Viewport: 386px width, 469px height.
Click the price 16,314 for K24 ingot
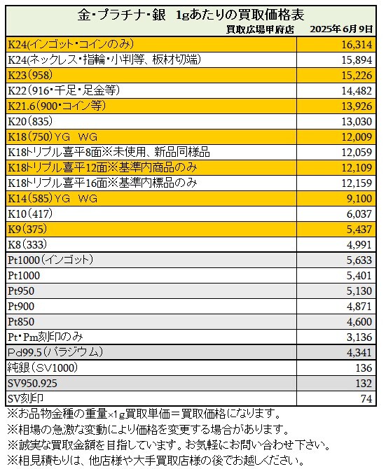pyautogui.click(x=357, y=45)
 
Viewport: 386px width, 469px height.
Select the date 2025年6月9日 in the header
pyautogui.click(x=341, y=29)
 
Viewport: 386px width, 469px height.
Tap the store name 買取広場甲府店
pyautogui.click(x=260, y=29)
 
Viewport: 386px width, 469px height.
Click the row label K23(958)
pyautogui.click(x=30, y=75)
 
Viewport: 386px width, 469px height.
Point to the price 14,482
pyautogui.click(x=357, y=90)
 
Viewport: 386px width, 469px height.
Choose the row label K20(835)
pyautogui.click(x=30, y=121)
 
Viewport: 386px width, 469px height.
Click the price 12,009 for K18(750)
pyautogui.click(x=357, y=137)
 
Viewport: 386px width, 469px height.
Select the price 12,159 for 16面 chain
pyautogui.click(x=357, y=183)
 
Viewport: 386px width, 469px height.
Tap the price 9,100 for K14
pyautogui.click(x=359, y=199)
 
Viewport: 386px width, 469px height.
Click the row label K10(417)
pyautogui.click(x=30, y=214)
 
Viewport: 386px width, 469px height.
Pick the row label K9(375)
pyautogui.click(x=27, y=229)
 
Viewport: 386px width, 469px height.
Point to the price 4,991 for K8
pyautogui.click(x=359, y=245)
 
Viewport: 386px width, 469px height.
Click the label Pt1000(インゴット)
pyautogui.click(x=50, y=260)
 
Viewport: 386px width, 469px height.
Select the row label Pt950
pyautogui.click(x=21, y=291)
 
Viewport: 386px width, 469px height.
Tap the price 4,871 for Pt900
pyautogui.click(x=359, y=307)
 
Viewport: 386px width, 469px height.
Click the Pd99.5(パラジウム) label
pyautogui.click(x=55, y=352)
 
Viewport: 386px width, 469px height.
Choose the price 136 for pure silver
pyautogui.click(x=364, y=368)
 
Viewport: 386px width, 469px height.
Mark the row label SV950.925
pyautogui.click(x=32, y=384)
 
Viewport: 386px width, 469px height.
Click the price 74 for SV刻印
pyautogui.click(x=366, y=399)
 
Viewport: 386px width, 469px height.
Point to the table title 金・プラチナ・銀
pyautogui.click(x=121, y=15)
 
